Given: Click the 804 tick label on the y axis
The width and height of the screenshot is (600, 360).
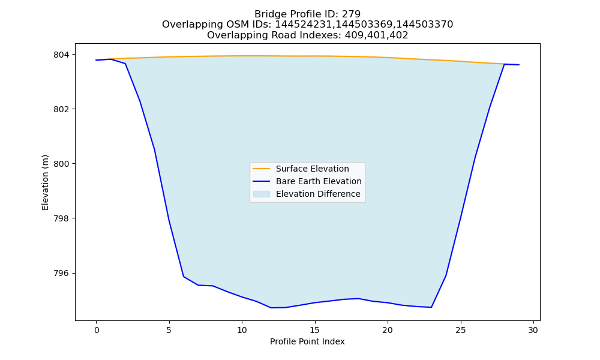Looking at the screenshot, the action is [x=62, y=55].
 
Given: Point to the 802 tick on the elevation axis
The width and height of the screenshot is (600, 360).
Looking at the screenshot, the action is [x=62, y=109].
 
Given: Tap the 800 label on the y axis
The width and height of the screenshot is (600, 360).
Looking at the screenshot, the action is [x=62, y=164].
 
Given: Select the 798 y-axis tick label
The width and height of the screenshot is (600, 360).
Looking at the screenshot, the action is [x=62, y=218].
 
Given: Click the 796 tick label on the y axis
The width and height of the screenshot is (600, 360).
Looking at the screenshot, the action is [x=62, y=273].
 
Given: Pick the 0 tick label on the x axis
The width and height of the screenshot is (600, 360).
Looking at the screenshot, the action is [x=97, y=330].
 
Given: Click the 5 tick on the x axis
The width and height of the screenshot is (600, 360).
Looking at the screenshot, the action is [x=169, y=330].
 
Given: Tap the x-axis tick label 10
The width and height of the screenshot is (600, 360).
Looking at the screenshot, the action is [x=242, y=330].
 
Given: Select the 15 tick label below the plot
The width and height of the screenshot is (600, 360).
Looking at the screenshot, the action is [x=315, y=330].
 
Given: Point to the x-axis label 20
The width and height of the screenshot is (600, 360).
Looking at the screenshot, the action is [x=388, y=330].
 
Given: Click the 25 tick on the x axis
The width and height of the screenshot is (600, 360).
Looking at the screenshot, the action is [x=461, y=330].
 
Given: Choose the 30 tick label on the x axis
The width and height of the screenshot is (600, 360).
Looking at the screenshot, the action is [x=533, y=330].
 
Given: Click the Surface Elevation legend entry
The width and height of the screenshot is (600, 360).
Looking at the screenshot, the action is [x=312, y=169].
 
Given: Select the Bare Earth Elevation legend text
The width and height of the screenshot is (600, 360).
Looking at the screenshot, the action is [x=319, y=181].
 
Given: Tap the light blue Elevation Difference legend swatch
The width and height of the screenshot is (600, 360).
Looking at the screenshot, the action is [x=262, y=194].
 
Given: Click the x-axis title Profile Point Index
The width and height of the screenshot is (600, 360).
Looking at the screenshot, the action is [x=307, y=341].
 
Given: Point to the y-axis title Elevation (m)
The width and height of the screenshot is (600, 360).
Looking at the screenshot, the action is [x=45, y=182].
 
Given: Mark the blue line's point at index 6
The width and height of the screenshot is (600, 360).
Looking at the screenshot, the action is [x=184, y=276].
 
